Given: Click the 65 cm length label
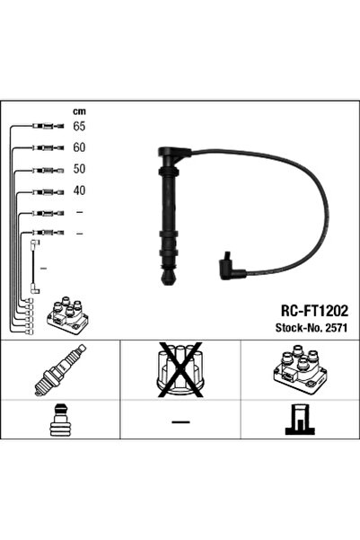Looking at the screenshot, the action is pos(79,126).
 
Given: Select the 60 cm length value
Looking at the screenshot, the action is pos(79,147).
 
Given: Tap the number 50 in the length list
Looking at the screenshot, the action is pos(79,169).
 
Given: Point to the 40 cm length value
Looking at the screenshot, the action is pos(79,190).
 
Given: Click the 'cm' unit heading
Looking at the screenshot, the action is pos(79,111).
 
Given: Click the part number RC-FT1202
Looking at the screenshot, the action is pos(314,311).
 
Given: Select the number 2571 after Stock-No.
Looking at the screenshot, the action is pos(337,328).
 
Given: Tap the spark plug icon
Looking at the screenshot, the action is pos(60,370).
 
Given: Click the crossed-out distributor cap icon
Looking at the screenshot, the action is pos(180,368).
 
